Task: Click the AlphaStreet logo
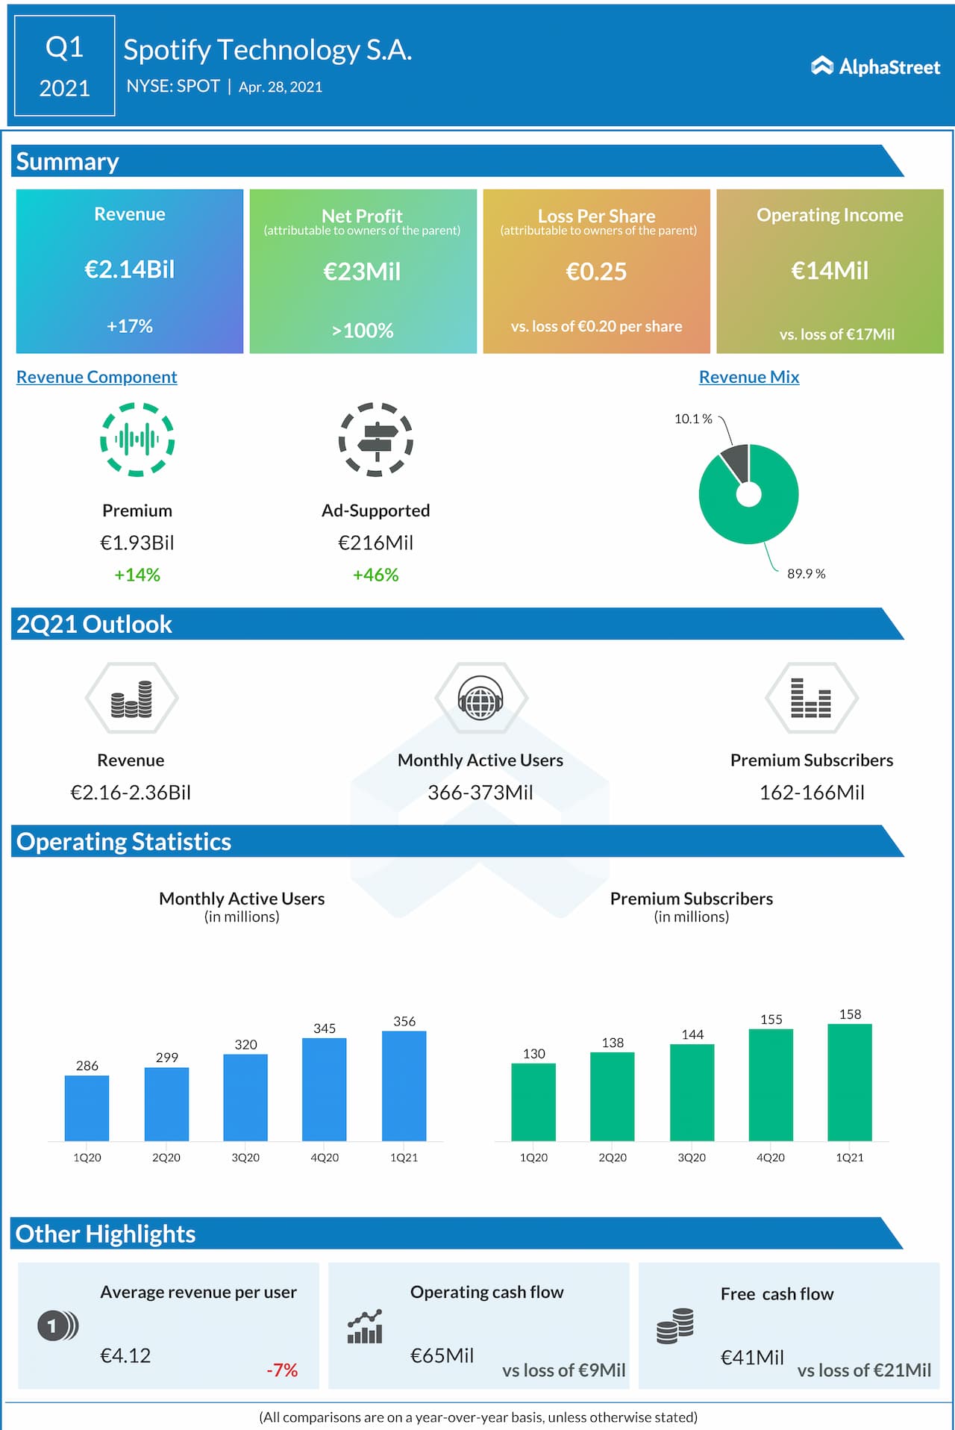[x=875, y=67]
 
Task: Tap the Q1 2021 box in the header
[x=65, y=66]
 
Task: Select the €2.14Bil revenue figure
[x=130, y=269]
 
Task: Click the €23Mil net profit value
[x=363, y=272]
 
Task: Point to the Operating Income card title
[x=830, y=215]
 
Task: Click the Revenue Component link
[x=97, y=377]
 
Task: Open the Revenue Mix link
[x=749, y=377]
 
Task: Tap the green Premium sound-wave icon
[x=137, y=440]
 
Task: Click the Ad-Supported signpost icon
[x=376, y=440]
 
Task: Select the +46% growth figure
[x=376, y=575]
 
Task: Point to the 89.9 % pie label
[x=807, y=573]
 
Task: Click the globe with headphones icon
[x=480, y=699]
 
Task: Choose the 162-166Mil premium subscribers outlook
[x=812, y=793]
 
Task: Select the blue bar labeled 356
[x=404, y=1086]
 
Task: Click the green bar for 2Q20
[x=613, y=1096]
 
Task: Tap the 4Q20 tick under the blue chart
[x=325, y=1158]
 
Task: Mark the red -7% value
[x=282, y=1370]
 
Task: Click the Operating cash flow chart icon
[x=365, y=1327]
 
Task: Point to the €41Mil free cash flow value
[x=752, y=1358]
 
